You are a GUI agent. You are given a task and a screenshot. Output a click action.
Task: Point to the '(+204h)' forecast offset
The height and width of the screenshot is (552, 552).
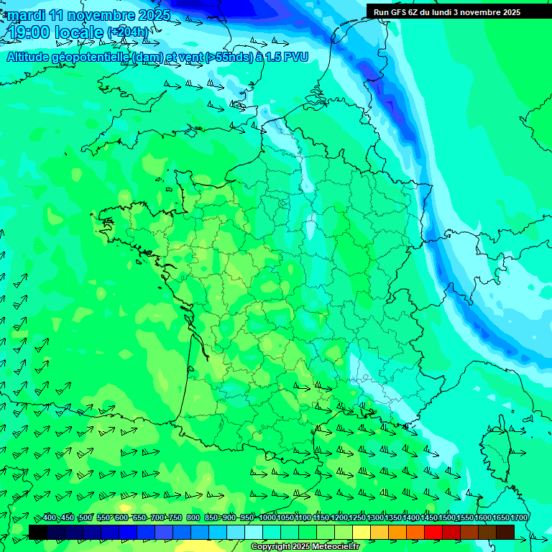click(x=128, y=32)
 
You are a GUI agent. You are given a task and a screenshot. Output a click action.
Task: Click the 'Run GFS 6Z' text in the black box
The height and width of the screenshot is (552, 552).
click(x=396, y=11)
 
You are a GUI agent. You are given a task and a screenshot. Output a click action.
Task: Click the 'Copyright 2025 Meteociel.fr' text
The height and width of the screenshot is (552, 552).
click(x=305, y=547)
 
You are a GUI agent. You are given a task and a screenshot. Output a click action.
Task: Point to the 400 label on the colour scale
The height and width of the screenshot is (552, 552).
click(x=50, y=518)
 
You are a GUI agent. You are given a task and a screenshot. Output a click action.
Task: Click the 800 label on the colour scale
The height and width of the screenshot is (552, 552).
click(x=193, y=518)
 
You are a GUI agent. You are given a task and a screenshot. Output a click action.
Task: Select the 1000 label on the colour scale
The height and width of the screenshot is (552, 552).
click(x=267, y=518)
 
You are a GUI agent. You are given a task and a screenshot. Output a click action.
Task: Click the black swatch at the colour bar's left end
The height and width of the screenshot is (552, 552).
click(x=38, y=531)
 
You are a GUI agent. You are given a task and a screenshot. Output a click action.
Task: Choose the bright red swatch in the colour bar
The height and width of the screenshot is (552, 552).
click(x=433, y=531)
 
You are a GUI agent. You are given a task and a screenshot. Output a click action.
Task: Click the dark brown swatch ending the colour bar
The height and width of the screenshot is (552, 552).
click(x=505, y=531)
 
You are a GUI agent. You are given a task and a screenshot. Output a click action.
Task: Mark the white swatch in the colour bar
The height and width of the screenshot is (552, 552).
click(x=254, y=531)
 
